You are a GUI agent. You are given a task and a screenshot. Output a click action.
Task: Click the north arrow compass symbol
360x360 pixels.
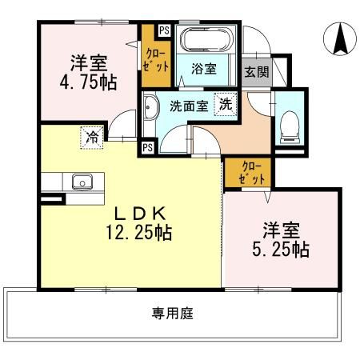click(340, 39)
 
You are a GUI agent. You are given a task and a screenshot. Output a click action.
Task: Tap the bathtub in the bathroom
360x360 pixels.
click(206, 39)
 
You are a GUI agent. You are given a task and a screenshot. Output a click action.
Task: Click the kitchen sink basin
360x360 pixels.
click(82, 182)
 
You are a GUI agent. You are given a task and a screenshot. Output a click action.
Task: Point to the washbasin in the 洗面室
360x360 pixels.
click(150, 107)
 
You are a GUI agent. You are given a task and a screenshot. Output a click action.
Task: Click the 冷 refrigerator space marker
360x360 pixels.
click(92, 138)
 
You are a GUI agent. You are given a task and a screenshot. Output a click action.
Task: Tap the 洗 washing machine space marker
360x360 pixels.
click(226, 104)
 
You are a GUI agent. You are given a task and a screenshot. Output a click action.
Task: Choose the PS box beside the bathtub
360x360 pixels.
click(164, 30)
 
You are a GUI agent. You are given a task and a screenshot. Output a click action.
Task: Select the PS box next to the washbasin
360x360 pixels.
click(148, 147)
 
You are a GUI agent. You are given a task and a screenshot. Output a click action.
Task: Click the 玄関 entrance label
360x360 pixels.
click(257, 71)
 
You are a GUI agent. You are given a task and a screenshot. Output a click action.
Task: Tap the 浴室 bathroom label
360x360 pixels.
click(204, 69)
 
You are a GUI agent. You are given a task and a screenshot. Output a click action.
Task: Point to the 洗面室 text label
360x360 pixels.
click(189, 106)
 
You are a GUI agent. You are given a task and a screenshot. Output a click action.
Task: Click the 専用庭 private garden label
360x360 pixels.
click(173, 314)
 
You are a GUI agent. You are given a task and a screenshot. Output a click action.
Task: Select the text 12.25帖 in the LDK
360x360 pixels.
click(139, 233)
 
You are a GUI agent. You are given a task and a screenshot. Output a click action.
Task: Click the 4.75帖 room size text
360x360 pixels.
click(88, 82)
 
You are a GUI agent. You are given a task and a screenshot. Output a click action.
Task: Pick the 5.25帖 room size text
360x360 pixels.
click(281, 250)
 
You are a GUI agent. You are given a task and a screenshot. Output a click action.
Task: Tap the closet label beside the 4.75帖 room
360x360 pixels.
click(156, 60)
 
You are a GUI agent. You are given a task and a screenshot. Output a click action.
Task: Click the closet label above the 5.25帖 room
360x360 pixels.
click(251, 173)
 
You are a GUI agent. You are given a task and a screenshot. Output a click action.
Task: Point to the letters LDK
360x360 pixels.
click(140, 214)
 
